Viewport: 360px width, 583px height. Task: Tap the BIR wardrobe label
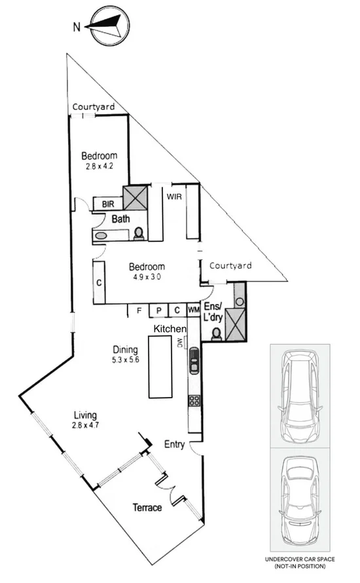click(109, 204)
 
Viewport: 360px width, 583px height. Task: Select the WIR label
click(173, 196)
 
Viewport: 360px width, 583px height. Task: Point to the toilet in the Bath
click(138, 233)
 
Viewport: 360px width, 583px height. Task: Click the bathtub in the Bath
click(103, 235)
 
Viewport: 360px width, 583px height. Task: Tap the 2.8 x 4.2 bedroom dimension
click(99, 166)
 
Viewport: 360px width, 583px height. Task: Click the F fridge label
click(139, 311)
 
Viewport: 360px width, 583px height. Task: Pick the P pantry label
click(158, 311)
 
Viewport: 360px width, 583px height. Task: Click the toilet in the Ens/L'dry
click(217, 334)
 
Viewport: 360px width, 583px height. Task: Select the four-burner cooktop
click(194, 401)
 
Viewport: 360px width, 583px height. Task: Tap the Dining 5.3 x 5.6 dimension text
click(126, 360)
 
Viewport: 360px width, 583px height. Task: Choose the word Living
click(85, 415)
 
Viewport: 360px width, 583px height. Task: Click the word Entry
click(175, 445)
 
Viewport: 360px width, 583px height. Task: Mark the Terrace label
click(147, 507)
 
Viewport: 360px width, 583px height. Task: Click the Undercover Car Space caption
click(300, 561)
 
